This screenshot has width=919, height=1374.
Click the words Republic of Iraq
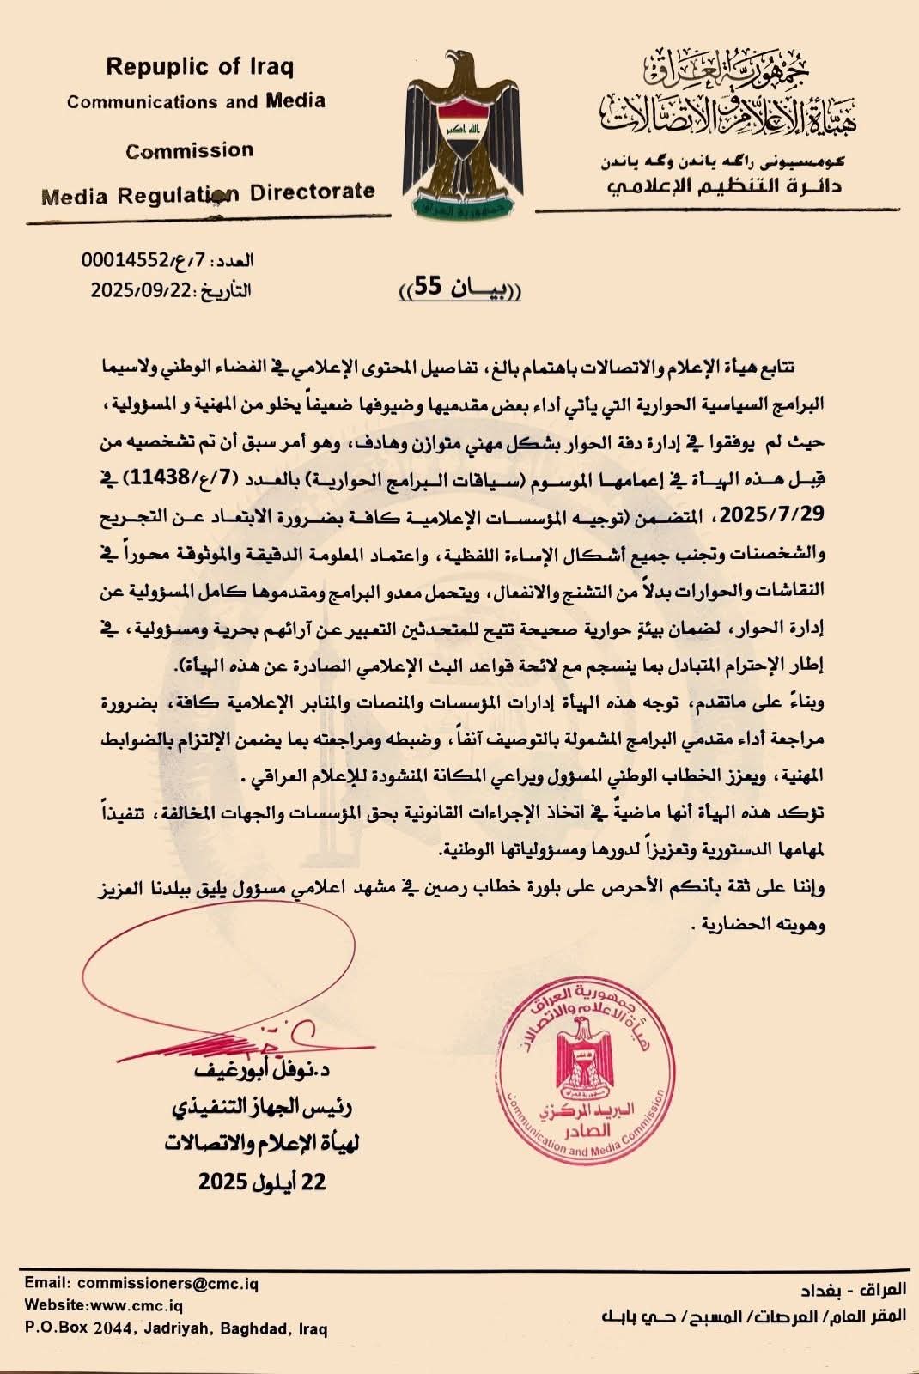point(198,66)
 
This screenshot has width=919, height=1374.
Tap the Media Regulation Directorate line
point(208,193)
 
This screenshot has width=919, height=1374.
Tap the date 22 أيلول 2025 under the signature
point(263,1182)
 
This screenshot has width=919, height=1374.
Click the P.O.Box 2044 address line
point(176,1328)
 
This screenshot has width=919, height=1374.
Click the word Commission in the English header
point(190,151)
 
